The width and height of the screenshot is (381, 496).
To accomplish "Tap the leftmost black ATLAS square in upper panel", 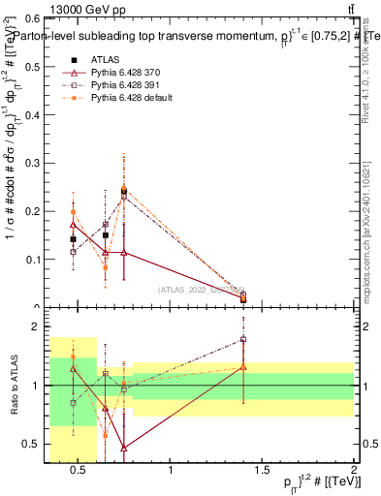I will (x=73, y=239).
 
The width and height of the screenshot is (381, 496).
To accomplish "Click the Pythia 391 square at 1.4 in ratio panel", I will (x=243, y=339).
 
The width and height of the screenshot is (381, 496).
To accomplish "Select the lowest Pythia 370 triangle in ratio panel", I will (x=124, y=448).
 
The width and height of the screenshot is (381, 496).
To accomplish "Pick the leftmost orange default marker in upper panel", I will (x=73, y=211).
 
